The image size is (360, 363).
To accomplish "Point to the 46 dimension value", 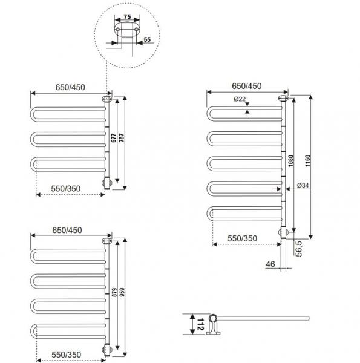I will coord(270,264).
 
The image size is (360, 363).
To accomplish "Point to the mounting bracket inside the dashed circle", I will coord(126,31).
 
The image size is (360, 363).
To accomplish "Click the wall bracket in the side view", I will coord(212,325).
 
